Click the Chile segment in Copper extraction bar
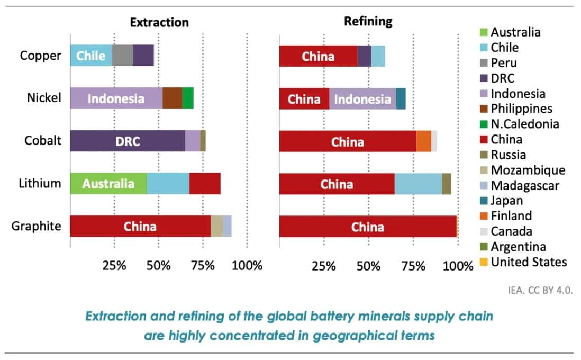91,56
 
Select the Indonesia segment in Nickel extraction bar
116,98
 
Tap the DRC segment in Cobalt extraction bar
128,141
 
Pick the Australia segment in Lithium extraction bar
108,184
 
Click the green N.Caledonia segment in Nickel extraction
188,98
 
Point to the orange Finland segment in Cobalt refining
424,141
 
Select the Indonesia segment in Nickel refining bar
362,99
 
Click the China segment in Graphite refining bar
368,227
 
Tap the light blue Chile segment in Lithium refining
418,184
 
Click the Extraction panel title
159,22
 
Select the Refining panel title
368,21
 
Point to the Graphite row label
37,227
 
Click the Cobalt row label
43,141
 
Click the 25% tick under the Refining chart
323,265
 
